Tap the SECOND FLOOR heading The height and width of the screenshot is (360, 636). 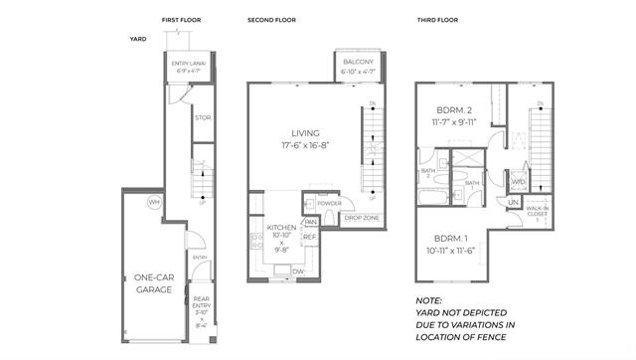[270, 20]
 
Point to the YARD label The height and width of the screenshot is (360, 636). [138, 40]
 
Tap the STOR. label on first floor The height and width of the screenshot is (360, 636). [202, 118]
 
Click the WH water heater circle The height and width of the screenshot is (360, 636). [153, 202]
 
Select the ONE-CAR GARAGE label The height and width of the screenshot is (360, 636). [153, 283]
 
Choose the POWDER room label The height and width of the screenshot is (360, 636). [331, 203]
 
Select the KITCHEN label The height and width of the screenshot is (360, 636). [281, 228]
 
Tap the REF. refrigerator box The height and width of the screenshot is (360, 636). [309, 237]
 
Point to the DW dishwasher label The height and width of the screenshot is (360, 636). [297, 271]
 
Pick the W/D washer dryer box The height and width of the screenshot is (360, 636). [517, 183]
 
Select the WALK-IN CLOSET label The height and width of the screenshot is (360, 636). [539, 212]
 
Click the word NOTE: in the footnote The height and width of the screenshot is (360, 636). [428, 299]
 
